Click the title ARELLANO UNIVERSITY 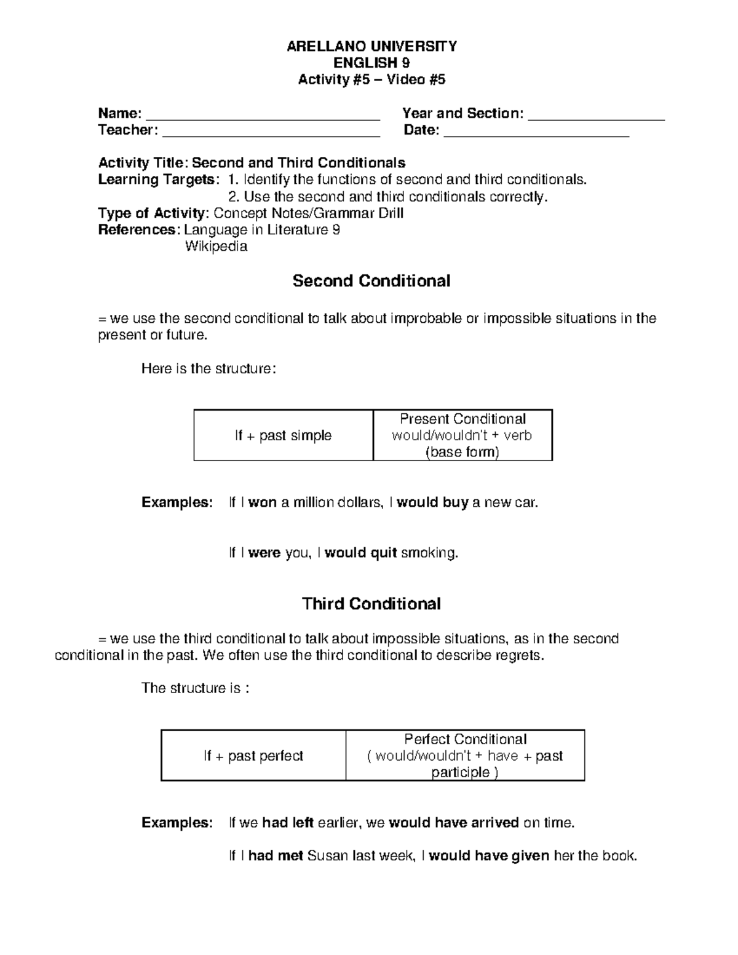371,47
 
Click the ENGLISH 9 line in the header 371,63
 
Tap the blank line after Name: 263,117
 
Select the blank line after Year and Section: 597,117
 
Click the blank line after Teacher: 271,133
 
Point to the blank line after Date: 536,133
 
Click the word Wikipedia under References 216,247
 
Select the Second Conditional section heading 371,281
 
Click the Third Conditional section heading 371,604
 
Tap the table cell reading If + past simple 283,436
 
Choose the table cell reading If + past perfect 253,756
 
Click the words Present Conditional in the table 462,419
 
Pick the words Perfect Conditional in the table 465,739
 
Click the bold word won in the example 263,503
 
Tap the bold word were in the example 264,553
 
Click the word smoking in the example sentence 429,553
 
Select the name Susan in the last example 327,855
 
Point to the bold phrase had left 288,823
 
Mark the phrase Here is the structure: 209,369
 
